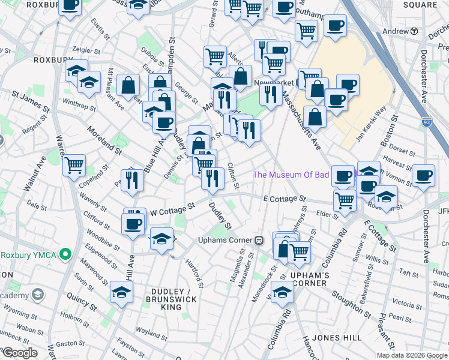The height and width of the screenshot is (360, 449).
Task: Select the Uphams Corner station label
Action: tap(227, 240)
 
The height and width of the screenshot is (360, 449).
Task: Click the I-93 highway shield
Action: tap(426, 121)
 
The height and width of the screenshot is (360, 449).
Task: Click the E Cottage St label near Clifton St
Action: tap(285, 198)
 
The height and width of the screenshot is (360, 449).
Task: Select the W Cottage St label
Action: tap(173, 209)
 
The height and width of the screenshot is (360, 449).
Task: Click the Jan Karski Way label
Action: tap(370, 124)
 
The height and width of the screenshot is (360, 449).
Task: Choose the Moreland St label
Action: tap(103, 138)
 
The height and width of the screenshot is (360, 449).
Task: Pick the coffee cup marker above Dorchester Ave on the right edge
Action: tap(423, 175)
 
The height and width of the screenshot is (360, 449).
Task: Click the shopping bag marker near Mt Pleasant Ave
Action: tap(128, 86)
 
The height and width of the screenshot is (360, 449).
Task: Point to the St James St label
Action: tap(30, 100)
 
